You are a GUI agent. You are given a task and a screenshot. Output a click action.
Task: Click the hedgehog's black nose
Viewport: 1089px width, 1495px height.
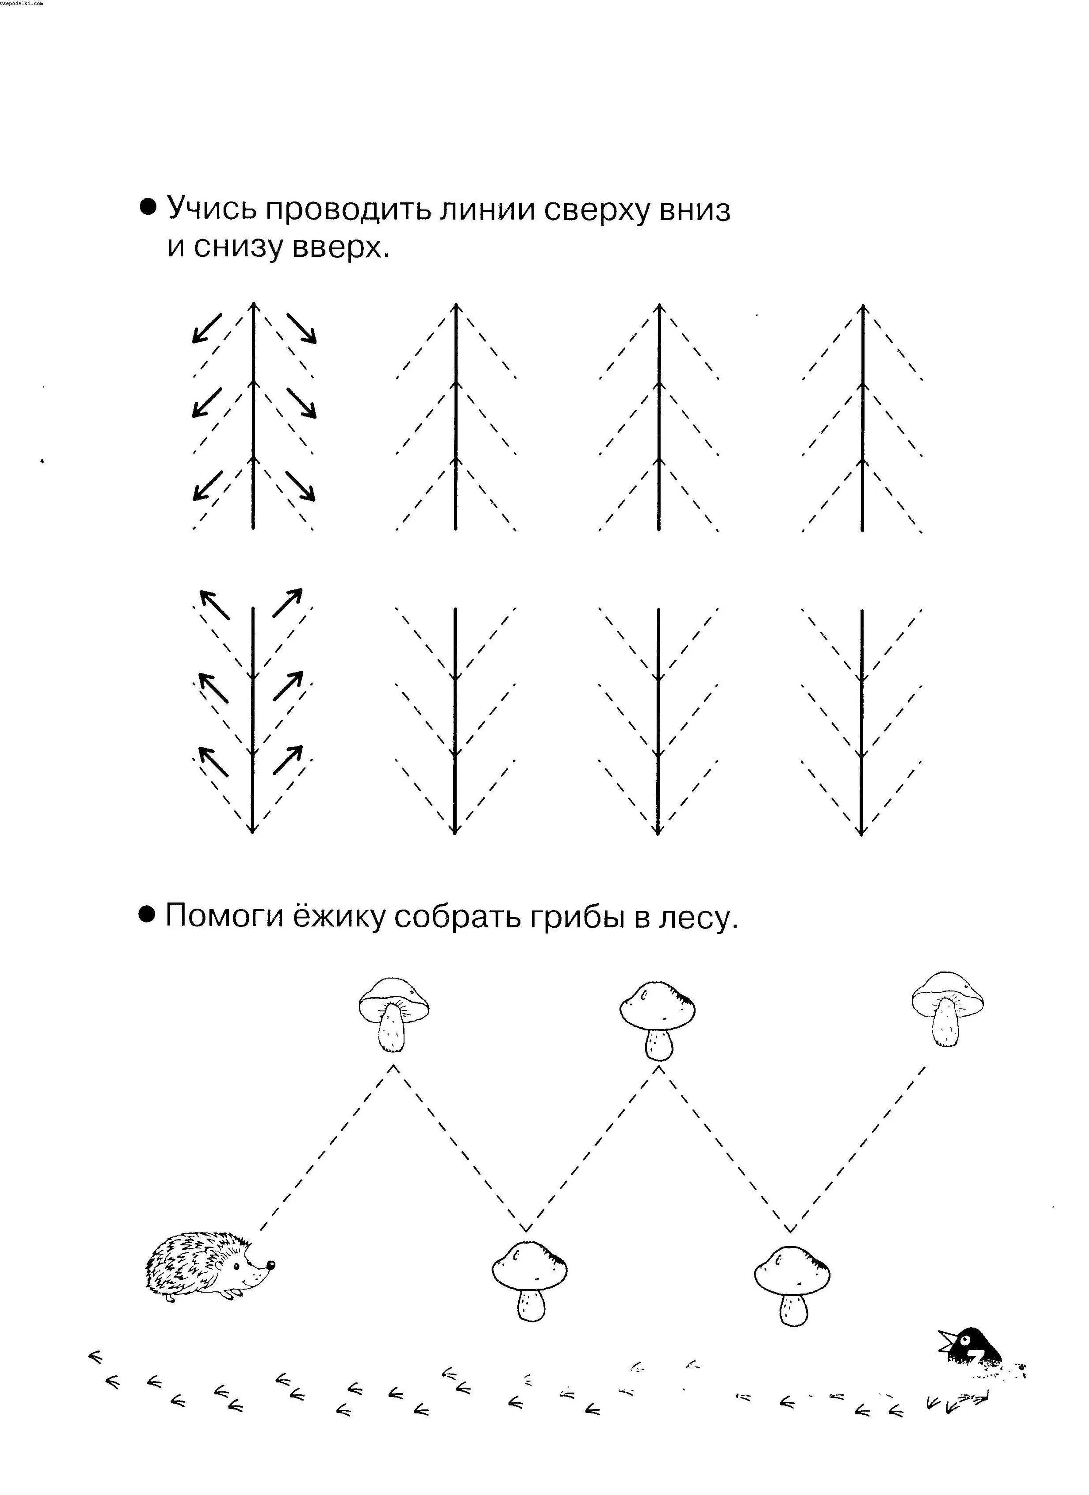pyautogui.click(x=270, y=1264)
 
